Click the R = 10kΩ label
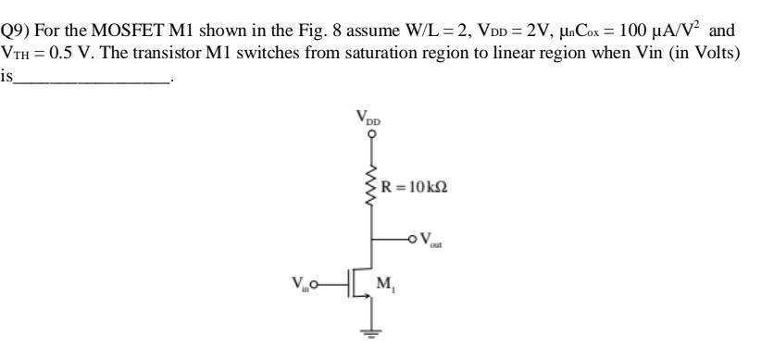point(412,192)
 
